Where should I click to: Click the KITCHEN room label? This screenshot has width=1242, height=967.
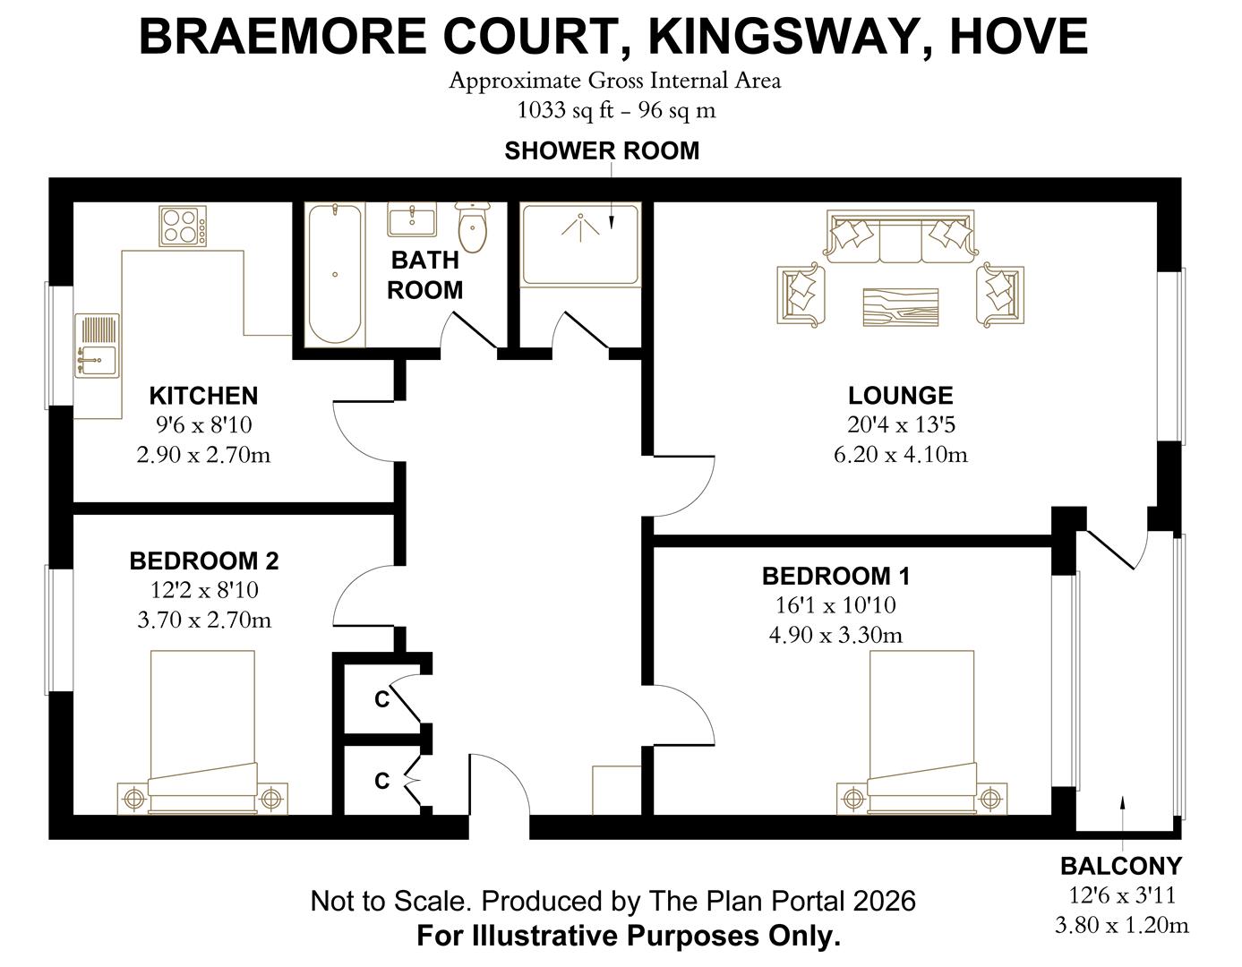point(203,396)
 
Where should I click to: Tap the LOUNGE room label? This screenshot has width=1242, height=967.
point(900,396)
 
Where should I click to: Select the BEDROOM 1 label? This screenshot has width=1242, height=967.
point(835,576)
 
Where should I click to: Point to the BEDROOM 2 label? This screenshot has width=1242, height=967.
point(204,561)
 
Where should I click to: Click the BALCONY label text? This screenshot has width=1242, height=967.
point(1121,866)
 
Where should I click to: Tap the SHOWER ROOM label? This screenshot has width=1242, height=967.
point(602,150)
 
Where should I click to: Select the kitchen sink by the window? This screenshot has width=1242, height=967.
point(97,346)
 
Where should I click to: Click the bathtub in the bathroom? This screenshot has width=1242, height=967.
point(335,274)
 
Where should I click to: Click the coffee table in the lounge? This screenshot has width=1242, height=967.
point(900,307)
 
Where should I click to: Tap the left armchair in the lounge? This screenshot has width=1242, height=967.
point(801,293)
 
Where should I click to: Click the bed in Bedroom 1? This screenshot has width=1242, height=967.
point(922,730)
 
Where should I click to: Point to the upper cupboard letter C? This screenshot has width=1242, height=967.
point(381,699)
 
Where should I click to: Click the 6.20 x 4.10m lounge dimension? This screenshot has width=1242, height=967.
point(900,454)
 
